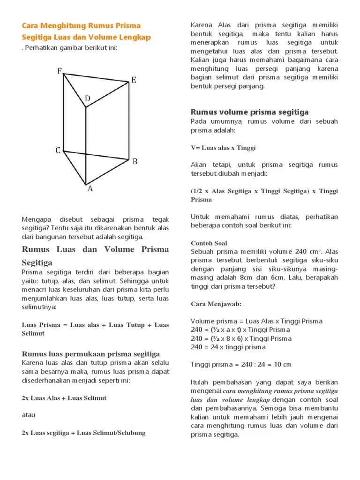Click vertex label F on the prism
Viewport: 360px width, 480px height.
(x=60, y=71)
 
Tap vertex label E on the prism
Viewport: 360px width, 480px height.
(x=134, y=80)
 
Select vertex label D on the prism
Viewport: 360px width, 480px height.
(x=87, y=99)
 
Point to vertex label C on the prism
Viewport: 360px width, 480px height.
(x=58, y=150)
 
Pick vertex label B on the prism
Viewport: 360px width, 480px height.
(x=135, y=162)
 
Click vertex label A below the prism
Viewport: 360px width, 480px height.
(x=90, y=189)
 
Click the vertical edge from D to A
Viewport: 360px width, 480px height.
(x=85, y=145)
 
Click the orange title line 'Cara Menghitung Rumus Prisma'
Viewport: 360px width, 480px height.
(x=82, y=25)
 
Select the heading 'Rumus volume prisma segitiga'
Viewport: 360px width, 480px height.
(x=249, y=112)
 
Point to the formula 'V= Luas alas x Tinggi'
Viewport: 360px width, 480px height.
(x=223, y=148)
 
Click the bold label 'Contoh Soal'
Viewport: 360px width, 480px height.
(x=209, y=243)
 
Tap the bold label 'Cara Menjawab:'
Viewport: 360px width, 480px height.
(x=216, y=304)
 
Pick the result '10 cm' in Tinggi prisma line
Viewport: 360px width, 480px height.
(x=283, y=365)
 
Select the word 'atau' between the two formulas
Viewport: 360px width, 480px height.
(x=29, y=415)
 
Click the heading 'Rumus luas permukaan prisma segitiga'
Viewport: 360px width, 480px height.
(x=91, y=354)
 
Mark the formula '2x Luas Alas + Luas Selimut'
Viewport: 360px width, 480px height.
(x=64, y=398)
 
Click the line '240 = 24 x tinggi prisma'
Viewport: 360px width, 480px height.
(x=228, y=347)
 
